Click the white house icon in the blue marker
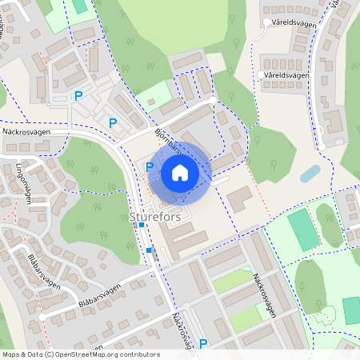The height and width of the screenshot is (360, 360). pyautogui.click(x=180, y=173)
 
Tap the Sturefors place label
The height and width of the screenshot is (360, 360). pyautogui.click(x=154, y=216)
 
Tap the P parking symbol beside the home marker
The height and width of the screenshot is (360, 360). pyautogui.click(x=150, y=167)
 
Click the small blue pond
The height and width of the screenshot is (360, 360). pyautogui.click(x=310, y=173)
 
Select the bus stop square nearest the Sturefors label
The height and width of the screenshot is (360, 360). pyautogui.click(x=142, y=226)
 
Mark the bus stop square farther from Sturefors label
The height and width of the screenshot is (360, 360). pyautogui.click(x=149, y=250)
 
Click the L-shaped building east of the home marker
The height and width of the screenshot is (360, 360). pyautogui.click(x=239, y=197)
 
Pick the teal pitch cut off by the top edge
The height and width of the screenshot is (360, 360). pyautogui.click(x=79, y=5)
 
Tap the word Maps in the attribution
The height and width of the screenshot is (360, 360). pyautogui.click(x=10, y=354)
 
